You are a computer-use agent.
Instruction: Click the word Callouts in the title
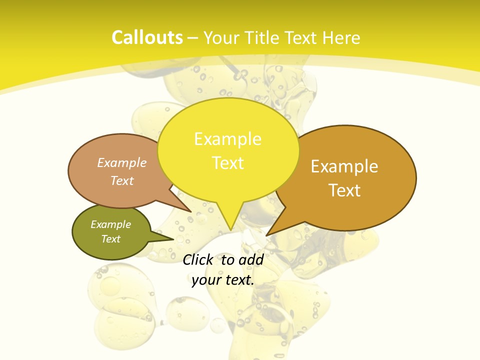point(147,37)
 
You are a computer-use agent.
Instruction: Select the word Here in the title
point(342,37)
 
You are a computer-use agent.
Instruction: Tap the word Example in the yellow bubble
point(227,139)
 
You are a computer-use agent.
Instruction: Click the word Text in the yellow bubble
point(227,163)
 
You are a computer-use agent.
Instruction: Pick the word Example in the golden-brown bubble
point(344,166)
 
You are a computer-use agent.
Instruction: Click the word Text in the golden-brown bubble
point(345,190)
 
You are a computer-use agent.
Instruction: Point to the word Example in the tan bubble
point(122,163)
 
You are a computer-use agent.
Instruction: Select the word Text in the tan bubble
point(122,180)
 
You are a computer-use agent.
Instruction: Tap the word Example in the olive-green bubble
point(110,224)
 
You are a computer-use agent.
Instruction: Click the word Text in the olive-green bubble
point(110,239)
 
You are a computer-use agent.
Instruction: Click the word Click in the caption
point(197,259)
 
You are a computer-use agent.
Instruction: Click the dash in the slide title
point(193,38)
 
